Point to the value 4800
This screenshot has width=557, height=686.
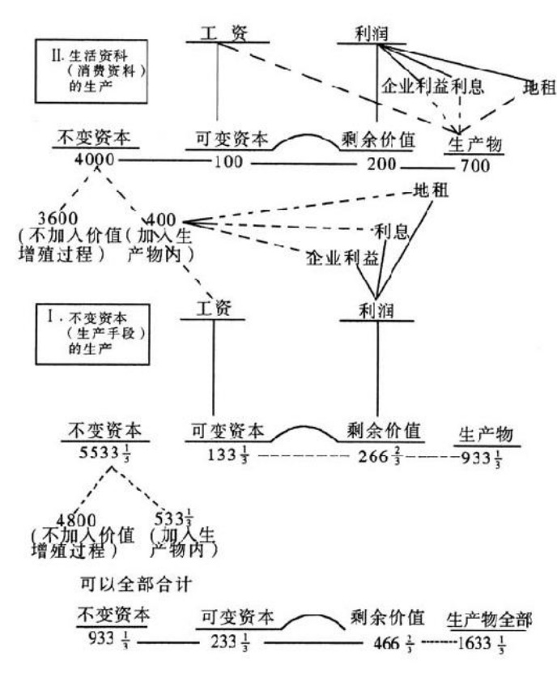(x=79, y=519)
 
